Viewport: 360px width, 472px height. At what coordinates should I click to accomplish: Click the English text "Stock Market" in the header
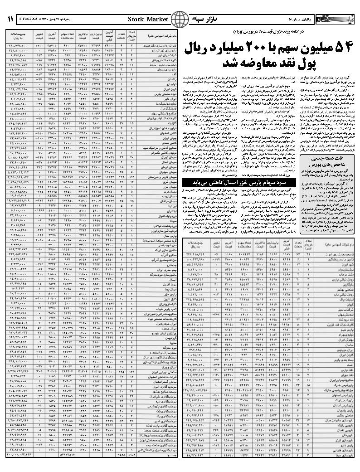[148, 19]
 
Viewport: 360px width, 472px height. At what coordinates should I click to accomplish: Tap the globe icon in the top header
[180, 19]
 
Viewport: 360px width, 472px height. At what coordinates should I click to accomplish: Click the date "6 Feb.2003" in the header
[29, 19]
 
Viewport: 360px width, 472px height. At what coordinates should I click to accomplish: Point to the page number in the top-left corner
[10, 19]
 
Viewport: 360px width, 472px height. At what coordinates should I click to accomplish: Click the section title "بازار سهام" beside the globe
[202, 19]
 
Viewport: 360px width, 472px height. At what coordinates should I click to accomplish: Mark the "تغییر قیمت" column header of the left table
[39, 37]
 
